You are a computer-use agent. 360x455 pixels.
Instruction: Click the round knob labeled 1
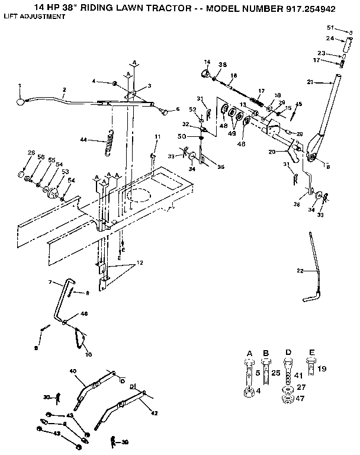tap(21, 102)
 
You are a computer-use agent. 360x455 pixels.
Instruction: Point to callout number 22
tap(300, 270)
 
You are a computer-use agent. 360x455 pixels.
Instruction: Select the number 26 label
tap(31, 153)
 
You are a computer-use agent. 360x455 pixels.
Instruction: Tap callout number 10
tap(89, 355)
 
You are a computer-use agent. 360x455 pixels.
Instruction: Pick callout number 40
tap(73, 371)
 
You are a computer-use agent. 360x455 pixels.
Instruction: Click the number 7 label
tap(50, 281)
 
